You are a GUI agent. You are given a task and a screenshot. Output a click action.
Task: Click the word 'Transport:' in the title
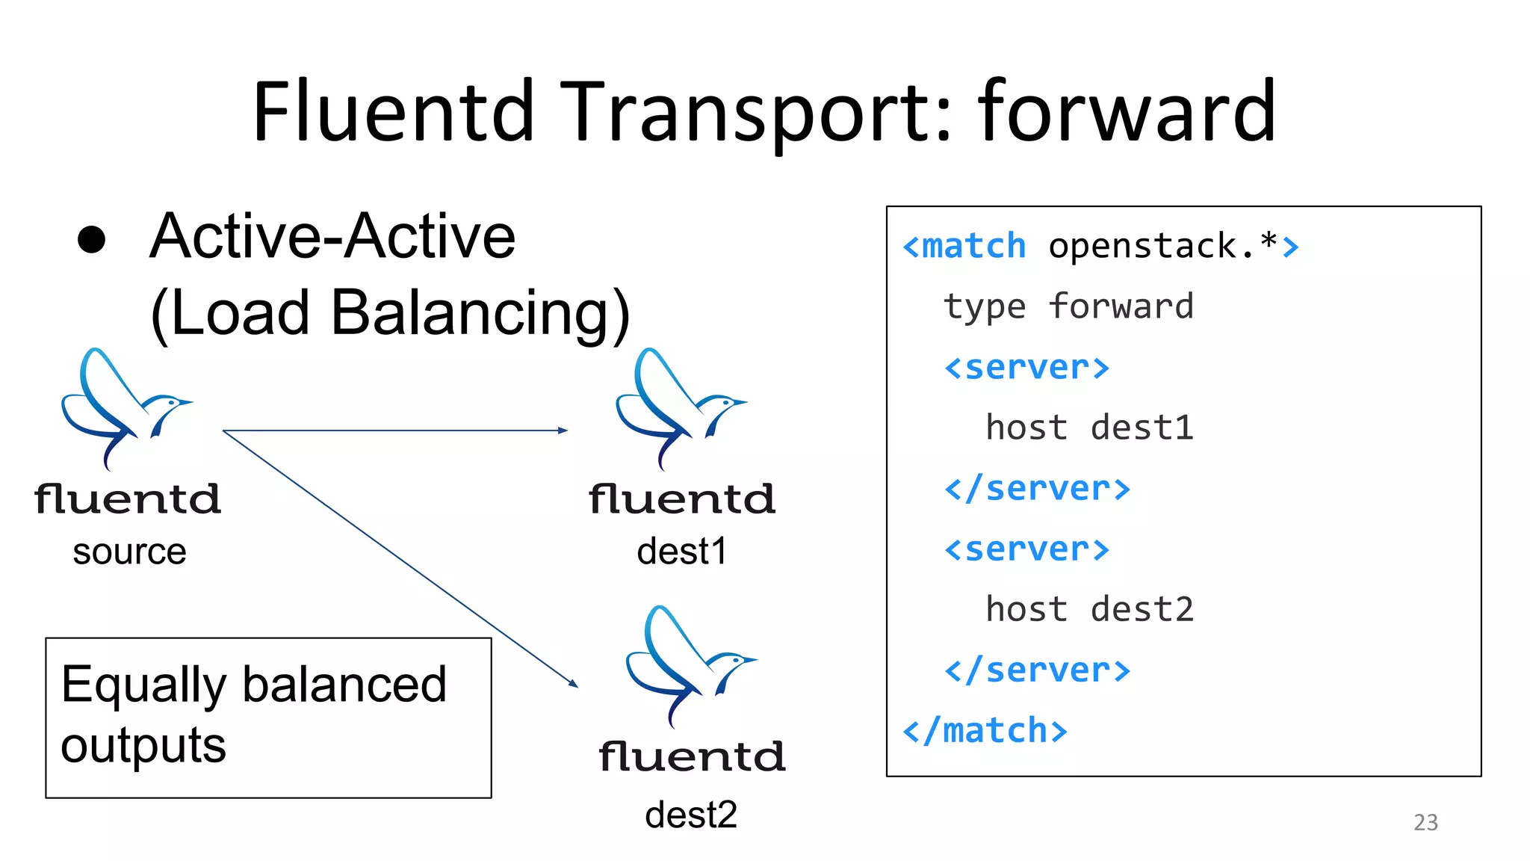756,112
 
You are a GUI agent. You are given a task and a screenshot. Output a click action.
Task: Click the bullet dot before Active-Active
92,239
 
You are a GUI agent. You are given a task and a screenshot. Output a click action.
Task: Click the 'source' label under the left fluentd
129,552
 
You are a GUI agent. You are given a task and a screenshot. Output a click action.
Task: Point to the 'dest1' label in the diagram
681,552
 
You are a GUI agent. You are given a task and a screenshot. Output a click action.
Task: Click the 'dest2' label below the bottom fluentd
690,815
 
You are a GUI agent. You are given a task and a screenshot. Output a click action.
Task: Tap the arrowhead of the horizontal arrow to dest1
563,430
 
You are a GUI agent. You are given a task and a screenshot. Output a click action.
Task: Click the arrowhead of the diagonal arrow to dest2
573,683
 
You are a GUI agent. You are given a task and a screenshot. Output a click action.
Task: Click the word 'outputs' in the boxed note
143,745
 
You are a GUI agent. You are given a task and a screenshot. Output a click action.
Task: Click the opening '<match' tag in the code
964,247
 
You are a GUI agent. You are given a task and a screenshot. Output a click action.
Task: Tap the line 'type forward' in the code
1068,306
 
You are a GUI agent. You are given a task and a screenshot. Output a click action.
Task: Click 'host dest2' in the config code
1089,609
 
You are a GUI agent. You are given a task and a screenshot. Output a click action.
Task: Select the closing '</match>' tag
985,730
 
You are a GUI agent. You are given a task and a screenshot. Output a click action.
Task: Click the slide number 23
1425,822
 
